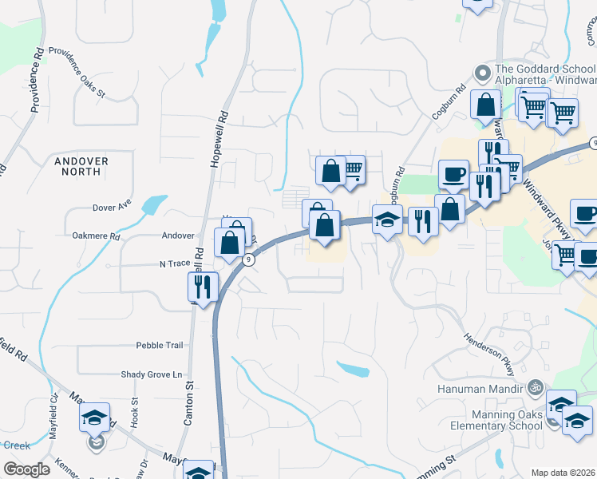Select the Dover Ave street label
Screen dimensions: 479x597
coord(112,206)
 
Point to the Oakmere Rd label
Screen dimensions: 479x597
coord(95,236)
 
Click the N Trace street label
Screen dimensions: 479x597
coord(172,263)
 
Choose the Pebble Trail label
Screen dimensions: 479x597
coord(160,345)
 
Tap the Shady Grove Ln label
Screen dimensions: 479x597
coord(152,374)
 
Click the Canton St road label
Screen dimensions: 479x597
coord(190,403)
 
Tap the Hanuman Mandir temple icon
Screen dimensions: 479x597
coord(535,389)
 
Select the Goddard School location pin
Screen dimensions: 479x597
coord(482,73)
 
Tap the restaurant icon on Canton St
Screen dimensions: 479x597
coord(203,286)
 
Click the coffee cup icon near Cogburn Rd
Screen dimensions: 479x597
coord(453,173)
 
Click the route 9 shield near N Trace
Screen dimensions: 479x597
coord(250,259)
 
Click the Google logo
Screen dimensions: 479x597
coord(26,469)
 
